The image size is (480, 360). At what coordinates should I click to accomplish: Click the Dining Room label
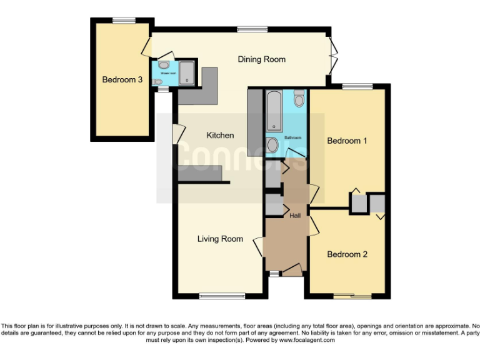(261, 59)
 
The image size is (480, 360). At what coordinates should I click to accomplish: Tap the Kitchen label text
(220, 135)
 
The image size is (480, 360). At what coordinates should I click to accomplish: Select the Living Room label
(220, 239)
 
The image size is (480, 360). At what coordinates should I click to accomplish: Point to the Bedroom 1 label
(347, 141)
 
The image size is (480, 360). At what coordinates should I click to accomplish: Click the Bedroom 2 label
(347, 254)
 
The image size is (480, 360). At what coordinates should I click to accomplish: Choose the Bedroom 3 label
(122, 80)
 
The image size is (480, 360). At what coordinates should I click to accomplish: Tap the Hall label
(295, 216)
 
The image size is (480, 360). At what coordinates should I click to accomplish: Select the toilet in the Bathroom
(299, 98)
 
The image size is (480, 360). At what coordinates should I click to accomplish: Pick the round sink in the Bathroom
(272, 145)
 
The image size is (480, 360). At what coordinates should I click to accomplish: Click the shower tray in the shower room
(187, 72)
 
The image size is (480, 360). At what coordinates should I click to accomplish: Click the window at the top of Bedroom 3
(124, 21)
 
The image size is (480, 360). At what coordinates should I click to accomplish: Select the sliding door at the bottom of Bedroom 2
(351, 296)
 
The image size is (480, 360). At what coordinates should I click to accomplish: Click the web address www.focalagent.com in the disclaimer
(307, 341)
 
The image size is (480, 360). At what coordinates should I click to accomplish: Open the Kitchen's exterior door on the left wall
(177, 133)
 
